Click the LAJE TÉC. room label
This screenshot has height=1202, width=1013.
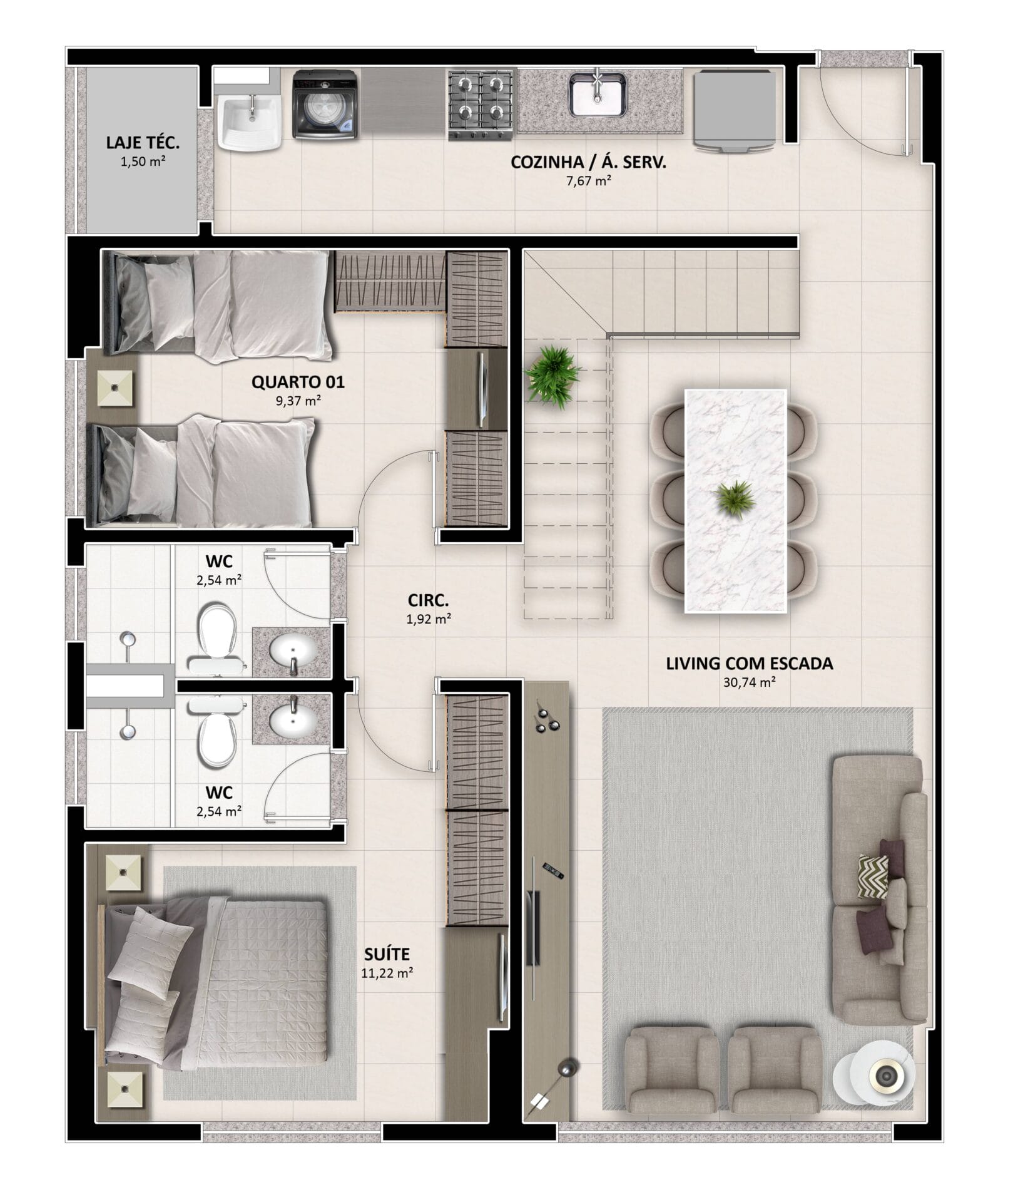(x=143, y=143)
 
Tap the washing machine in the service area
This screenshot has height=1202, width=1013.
(x=325, y=104)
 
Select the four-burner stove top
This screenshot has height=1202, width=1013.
(x=481, y=104)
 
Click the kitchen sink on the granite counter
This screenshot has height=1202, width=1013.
(x=597, y=94)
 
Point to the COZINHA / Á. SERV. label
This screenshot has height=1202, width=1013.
(x=588, y=163)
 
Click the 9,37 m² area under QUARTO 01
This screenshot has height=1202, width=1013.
(x=298, y=401)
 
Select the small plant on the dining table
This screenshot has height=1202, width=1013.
(x=736, y=499)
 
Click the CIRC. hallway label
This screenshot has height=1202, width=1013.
(x=428, y=600)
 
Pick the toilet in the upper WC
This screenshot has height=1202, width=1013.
(x=216, y=639)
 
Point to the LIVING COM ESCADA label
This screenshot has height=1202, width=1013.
(x=749, y=664)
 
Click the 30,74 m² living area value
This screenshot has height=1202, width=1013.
(x=750, y=682)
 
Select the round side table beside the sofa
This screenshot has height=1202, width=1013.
(x=873, y=1076)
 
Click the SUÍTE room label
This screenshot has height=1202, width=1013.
(x=387, y=954)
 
